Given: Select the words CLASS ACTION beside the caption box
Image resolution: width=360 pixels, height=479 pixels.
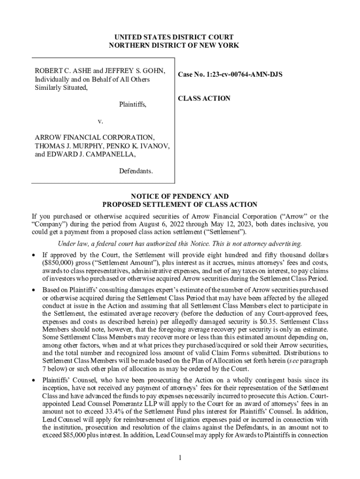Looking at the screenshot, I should click(x=204, y=98).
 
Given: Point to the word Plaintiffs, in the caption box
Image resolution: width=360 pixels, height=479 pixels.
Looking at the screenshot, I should click(x=132, y=105).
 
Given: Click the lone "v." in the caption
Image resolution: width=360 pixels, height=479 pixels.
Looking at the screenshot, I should click(x=101, y=121).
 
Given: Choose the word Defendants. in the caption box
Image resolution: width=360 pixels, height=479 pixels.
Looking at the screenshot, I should click(x=136, y=171).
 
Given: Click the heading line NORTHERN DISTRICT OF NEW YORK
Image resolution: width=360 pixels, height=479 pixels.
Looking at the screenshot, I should click(x=173, y=45).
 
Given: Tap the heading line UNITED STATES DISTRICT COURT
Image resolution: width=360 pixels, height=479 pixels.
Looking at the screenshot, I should click(x=173, y=37).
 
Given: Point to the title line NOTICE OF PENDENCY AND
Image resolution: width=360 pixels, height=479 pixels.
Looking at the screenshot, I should click(x=180, y=196).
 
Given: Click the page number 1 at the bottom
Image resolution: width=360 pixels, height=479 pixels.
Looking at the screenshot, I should click(x=180, y=457).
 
